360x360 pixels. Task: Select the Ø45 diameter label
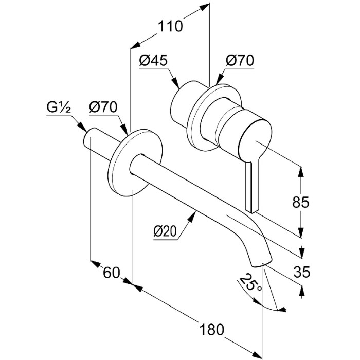pyautogui.click(x=153, y=61)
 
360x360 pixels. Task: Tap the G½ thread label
pyautogui.click(x=58, y=108)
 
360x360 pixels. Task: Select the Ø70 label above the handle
pyautogui.click(x=240, y=61)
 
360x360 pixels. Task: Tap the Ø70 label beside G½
pyautogui.click(x=102, y=108)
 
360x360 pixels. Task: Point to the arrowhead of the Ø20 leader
pyautogui.click(x=195, y=212)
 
